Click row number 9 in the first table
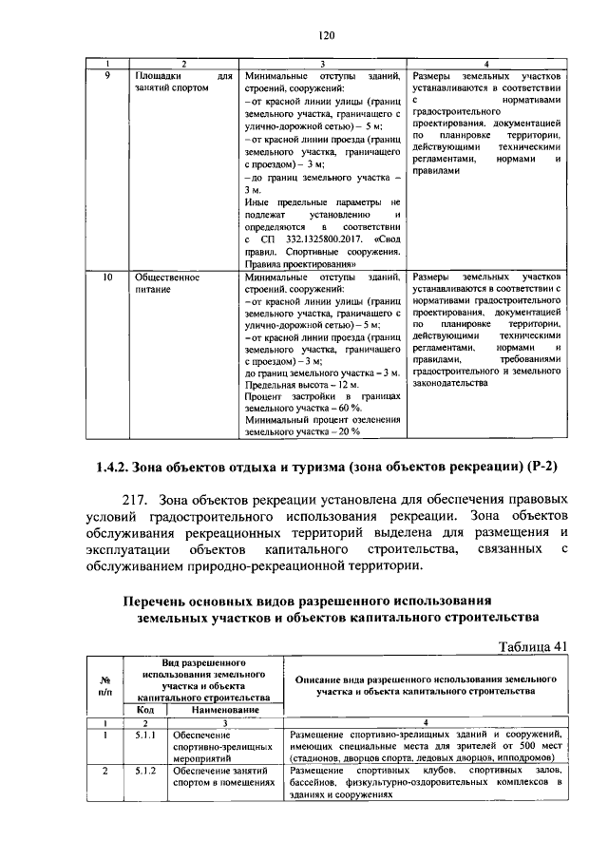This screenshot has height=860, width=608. [x=107, y=75]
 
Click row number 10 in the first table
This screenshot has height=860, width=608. [x=107, y=277]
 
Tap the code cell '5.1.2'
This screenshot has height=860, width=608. [x=145, y=771]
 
